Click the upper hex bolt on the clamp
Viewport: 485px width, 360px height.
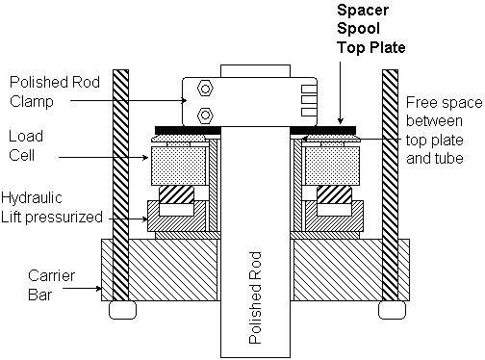(x=205, y=89)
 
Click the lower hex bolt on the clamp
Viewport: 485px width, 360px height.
(x=205, y=115)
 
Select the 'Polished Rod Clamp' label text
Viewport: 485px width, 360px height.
(x=55, y=91)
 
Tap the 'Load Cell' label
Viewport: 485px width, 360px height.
(x=26, y=145)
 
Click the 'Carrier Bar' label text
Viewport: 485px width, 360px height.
(x=51, y=285)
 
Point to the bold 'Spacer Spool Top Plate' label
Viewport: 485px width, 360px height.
(x=371, y=29)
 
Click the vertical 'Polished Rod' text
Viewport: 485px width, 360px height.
(x=255, y=298)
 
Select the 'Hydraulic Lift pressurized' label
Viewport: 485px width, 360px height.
(x=52, y=207)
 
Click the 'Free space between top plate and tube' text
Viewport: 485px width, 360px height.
(x=445, y=130)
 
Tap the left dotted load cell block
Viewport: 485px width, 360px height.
(x=178, y=166)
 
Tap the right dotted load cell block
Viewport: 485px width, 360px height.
(x=332, y=166)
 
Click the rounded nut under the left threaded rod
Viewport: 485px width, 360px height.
(x=122, y=310)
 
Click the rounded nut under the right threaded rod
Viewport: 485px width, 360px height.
(x=392, y=310)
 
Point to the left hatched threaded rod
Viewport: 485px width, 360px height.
(x=120, y=186)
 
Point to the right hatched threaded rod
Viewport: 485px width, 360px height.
(x=390, y=186)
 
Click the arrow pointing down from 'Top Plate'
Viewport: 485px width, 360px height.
(x=341, y=92)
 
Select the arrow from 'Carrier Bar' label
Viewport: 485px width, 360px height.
(x=82, y=289)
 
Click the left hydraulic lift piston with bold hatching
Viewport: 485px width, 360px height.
(x=177, y=194)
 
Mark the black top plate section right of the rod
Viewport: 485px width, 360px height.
(x=323, y=131)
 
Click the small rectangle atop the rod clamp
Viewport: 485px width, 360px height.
(x=255, y=71)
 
